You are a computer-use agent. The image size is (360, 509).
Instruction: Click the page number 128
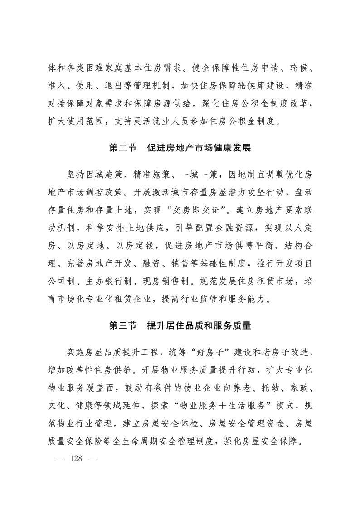(x=76, y=458)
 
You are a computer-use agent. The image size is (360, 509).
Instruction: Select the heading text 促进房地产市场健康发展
(x=199, y=148)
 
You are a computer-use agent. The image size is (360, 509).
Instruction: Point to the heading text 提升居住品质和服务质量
(x=199, y=325)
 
